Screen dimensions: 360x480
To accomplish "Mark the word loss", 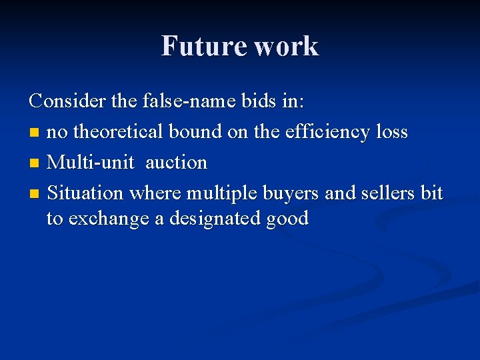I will (391, 132).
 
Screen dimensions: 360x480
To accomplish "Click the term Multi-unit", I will (90, 163).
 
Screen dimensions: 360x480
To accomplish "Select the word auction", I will (177, 163).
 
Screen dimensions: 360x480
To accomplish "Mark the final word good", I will (287, 219).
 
